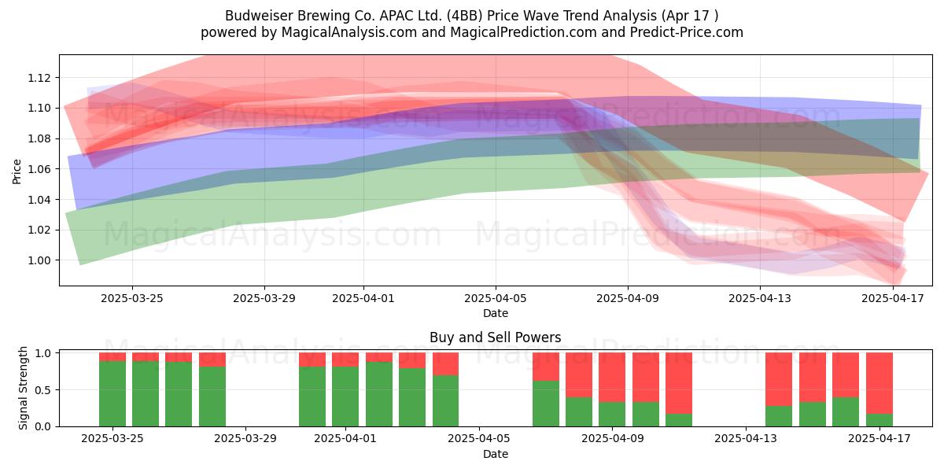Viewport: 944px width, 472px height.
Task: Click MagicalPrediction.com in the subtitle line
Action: point(523,32)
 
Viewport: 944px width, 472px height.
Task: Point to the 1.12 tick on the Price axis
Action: point(39,78)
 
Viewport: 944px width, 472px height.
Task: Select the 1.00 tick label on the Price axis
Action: point(39,260)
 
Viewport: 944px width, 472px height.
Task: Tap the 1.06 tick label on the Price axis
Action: point(39,169)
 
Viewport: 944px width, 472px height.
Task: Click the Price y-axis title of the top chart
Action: point(17,171)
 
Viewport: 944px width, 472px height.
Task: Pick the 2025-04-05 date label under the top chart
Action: point(496,298)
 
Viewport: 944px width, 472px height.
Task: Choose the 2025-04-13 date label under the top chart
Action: point(760,298)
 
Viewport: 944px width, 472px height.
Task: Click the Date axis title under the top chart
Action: point(496,313)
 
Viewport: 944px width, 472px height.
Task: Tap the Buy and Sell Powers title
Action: point(495,337)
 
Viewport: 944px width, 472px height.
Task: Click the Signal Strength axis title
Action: point(23,388)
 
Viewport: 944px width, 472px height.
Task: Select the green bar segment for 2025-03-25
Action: point(112,393)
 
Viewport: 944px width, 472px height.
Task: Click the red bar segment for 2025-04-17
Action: point(879,383)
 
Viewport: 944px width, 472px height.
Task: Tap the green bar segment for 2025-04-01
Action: point(345,396)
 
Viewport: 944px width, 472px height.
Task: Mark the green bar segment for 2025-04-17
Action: point(879,420)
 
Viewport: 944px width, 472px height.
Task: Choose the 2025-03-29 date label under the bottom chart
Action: point(245,439)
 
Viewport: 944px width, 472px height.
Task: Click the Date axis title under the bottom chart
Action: point(496,454)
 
